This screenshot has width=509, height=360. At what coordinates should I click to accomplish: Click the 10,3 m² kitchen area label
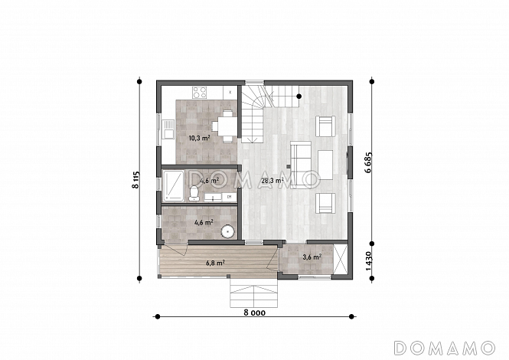click(199, 138)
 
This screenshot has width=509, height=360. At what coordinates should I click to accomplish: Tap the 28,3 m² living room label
click(272, 181)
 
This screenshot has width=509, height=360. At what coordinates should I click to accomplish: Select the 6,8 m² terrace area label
click(216, 263)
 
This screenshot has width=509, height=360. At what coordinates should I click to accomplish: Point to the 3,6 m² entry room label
click(312, 257)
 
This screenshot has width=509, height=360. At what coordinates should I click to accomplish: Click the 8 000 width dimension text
click(254, 313)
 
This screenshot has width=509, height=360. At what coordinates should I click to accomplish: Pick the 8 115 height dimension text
click(135, 180)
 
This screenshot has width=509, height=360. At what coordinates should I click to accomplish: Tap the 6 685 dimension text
click(368, 162)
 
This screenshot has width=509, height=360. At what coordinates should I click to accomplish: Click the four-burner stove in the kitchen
click(199, 92)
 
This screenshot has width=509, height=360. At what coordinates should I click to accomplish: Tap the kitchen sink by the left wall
click(168, 129)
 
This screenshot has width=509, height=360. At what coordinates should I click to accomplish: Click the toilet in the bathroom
click(194, 193)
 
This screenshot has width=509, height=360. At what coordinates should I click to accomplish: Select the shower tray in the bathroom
click(173, 185)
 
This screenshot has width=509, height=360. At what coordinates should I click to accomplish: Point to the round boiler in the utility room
click(228, 231)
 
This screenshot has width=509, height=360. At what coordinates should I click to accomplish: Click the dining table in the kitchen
click(227, 126)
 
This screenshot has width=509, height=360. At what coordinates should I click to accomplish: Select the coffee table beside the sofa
click(325, 165)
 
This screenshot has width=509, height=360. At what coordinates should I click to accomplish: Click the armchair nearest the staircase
click(325, 126)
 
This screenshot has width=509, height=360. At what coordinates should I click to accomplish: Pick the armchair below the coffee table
click(325, 204)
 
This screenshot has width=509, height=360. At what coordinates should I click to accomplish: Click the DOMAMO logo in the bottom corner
click(444, 348)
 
